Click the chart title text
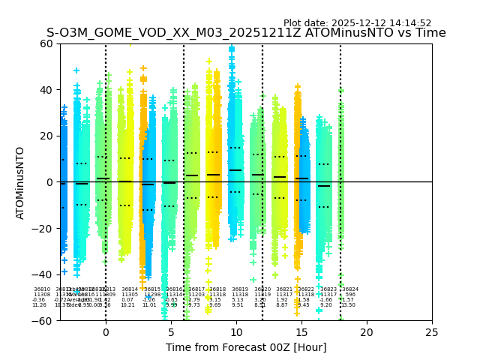coord(246,33)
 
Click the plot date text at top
coord(357,23)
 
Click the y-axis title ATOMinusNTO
coord(20,182)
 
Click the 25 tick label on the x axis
coord(432,332)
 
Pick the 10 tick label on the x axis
coord(236,332)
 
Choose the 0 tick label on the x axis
coord(106,332)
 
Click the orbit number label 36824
coord(350,289)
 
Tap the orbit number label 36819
coord(240,289)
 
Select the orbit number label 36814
coord(130,289)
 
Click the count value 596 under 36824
coord(349,295)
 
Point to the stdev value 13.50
coord(349,305)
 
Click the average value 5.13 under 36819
coord(238,300)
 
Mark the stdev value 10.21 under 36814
coord(127,305)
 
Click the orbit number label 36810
coord(42,289)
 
